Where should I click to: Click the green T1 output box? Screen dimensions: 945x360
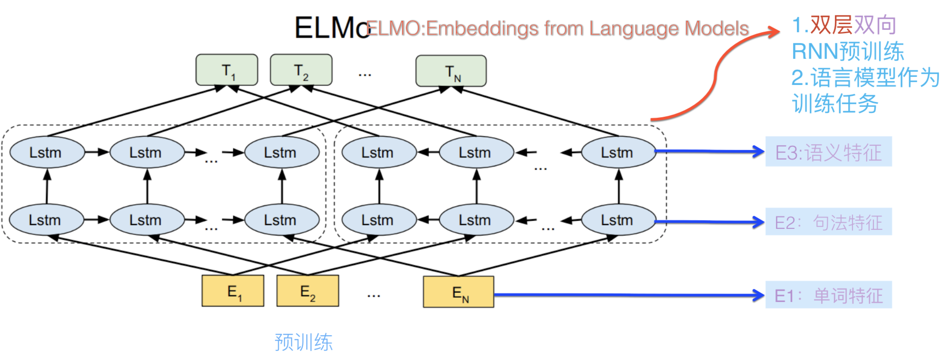point(227,70)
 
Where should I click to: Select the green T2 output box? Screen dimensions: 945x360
point(301,70)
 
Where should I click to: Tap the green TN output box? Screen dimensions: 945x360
point(451,71)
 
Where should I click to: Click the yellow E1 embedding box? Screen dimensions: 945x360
point(233,291)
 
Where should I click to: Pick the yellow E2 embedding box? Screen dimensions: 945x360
point(308,291)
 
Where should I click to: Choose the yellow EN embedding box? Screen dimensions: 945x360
point(459,292)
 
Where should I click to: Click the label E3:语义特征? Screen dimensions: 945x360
point(829,152)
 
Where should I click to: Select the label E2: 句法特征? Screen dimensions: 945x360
point(829,222)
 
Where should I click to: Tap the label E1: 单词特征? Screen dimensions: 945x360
point(829,295)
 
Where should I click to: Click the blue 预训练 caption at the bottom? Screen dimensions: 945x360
point(304,342)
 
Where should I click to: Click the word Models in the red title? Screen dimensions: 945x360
point(717,28)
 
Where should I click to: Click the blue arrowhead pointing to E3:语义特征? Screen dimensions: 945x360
point(758,152)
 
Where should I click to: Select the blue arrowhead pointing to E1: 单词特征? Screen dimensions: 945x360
point(758,295)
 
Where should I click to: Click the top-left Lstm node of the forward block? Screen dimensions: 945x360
point(46,152)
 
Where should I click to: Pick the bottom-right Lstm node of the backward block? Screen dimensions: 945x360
point(618,220)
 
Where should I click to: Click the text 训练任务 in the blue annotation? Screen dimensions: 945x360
point(835,104)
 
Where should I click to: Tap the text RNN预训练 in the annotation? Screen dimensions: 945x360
point(848,51)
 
